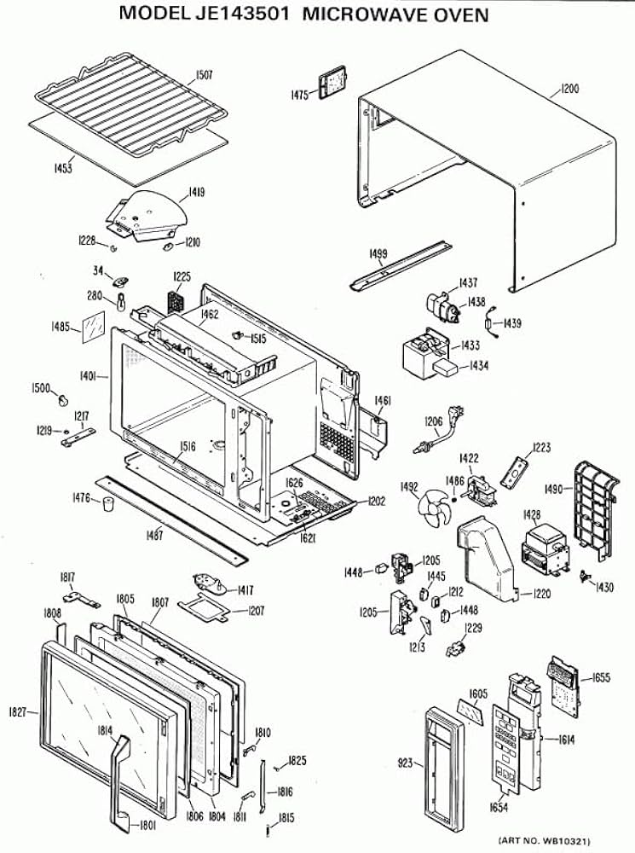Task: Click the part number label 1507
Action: coord(204,75)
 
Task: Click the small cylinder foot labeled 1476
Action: coord(108,504)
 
